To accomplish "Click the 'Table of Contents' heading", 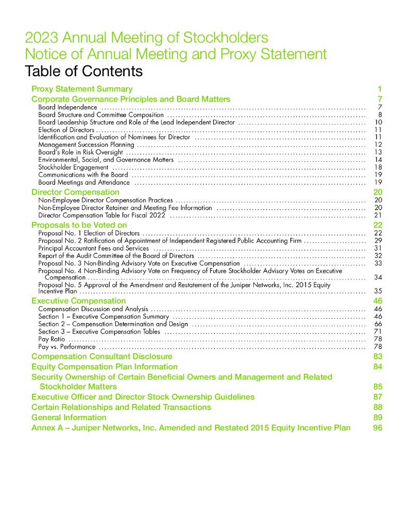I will (83, 71).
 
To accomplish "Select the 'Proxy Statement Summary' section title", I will (82, 89).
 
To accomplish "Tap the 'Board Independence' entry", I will (68, 107).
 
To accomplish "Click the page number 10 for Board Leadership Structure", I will (378, 122).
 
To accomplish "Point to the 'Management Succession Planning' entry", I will (86, 145).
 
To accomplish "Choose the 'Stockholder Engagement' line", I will (73, 167).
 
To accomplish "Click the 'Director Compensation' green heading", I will (75, 192).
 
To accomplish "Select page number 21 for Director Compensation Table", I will (378, 215).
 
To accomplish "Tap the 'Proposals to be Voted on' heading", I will (79, 225).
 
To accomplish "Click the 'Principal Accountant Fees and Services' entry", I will (93, 248).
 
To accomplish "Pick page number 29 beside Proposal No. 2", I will (378, 241).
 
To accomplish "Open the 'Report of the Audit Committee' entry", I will (116, 256).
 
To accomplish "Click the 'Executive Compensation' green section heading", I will (78, 301).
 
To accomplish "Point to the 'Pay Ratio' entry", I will (51, 339).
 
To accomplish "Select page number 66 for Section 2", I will (378, 324).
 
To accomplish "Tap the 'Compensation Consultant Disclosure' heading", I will (101, 356).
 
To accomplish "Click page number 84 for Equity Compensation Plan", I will (377, 367).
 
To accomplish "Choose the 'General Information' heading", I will (69, 417).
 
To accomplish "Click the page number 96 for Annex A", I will (377, 428).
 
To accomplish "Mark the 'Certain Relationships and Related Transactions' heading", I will (121, 407).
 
